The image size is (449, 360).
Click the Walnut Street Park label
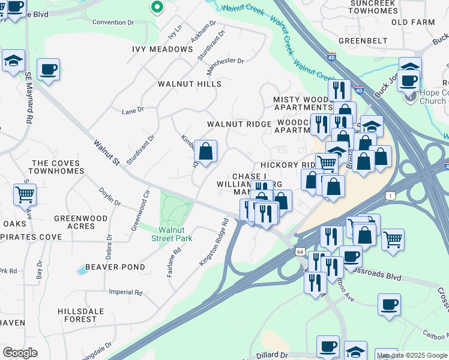pyautogui.click(x=175, y=234)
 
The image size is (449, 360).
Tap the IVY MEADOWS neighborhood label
pyautogui.click(x=163, y=49)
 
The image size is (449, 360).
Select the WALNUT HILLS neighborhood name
pyautogui.click(x=190, y=85)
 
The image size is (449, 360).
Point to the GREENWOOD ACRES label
pyautogui.click(x=80, y=223)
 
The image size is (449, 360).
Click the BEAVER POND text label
pyautogui.click(x=115, y=267)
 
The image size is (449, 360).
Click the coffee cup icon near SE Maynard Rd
pyautogui.click(x=48, y=69)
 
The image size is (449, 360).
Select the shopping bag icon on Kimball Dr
pyautogui.click(x=205, y=152)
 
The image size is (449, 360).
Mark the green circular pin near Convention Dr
pyautogui.click(x=157, y=7)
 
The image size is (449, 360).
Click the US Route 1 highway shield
pyautogui.click(x=391, y=196)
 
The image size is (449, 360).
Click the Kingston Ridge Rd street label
pyautogui.click(x=215, y=242)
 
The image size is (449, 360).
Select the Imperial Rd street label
pyautogui.click(x=125, y=293)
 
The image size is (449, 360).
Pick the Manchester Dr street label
pyautogui.click(x=226, y=61)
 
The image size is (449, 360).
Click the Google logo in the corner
pyautogui.click(x=20, y=353)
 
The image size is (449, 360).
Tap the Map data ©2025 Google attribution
pyautogui.click(x=411, y=355)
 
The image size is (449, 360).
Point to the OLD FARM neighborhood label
pyautogui.click(x=412, y=22)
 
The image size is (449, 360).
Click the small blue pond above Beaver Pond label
pyautogui.click(x=82, y=271)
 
